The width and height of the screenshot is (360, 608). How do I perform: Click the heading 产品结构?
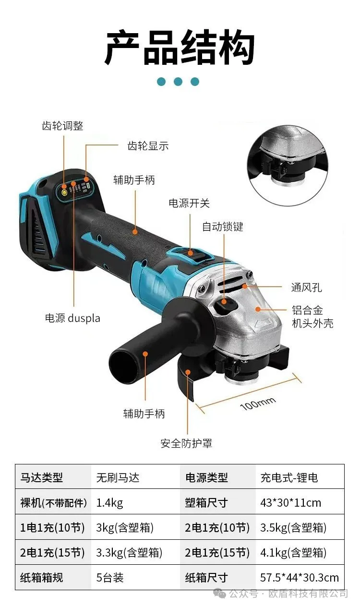(x=180, y=48)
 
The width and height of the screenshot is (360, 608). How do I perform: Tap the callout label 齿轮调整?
(x=62, y=126)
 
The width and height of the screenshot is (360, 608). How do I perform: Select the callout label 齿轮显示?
(x=148, y=146)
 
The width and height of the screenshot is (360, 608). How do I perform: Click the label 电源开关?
(x=189, y=203)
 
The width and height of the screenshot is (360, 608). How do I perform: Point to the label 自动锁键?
(x=223, y=227)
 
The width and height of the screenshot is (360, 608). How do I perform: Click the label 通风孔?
(x=306, y=288)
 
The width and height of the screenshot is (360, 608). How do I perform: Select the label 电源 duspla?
(x=72, y=318)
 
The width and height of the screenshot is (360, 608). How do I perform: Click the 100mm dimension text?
(x=258, y=404)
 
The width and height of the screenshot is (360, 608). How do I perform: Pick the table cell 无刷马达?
(x=118, y=478)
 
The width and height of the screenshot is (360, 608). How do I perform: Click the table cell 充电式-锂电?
(x=289, y=478)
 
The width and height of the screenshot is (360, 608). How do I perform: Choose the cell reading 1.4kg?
(x=109, y=503)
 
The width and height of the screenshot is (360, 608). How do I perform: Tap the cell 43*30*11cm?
(x=291, y=503)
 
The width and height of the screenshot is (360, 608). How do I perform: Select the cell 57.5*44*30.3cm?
(x=299, y=578)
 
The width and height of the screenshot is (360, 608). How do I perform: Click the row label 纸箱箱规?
(x=41, y=578)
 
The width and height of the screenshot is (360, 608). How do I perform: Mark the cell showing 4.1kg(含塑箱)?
(x=293, y=553)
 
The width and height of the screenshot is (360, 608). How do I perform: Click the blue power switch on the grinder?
(x=188, y=252)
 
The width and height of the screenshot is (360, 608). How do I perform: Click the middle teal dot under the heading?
(x=178, y=82)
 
